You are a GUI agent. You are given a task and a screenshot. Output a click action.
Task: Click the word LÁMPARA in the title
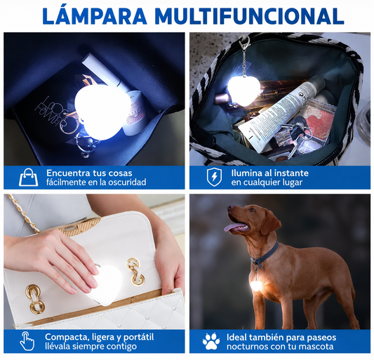[95, 16]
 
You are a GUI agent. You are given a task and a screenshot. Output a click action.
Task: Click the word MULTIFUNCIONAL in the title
[249, 16]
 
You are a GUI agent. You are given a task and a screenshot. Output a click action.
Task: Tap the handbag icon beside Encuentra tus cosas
[28, 178]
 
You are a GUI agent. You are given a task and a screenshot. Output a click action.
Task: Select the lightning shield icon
[214, 177]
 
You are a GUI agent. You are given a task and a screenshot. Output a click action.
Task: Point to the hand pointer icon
[27, 341]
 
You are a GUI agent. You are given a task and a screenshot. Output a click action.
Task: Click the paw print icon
[211, 341]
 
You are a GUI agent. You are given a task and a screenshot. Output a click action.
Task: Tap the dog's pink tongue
[232, 227]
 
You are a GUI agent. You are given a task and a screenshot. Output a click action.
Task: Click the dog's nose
[230, 207]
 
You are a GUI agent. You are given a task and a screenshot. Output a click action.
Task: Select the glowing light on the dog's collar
[255, 286]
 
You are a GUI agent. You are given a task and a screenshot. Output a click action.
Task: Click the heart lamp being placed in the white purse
[106, 285]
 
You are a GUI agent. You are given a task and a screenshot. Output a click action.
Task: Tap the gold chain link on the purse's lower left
[35, 299]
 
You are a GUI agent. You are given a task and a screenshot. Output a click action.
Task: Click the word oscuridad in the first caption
[127, 182]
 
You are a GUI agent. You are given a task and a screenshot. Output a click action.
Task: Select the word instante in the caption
[291, 173]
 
